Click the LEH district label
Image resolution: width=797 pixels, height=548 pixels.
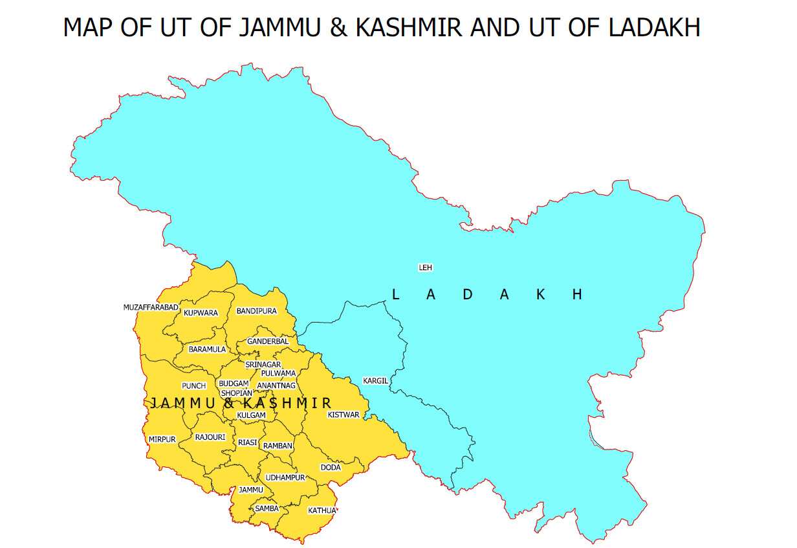tap(425, 268)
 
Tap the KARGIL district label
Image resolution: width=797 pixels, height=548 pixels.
tap(375, 381)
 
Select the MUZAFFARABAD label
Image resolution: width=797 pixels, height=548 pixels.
tap(150, 307)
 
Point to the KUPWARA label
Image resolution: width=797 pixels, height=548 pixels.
tap(201, 313)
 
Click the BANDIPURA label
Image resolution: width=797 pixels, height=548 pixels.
tap(256, 311)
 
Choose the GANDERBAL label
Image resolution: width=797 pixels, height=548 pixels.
tap(268, 341)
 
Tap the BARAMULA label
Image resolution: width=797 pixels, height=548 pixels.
tap(207, 349)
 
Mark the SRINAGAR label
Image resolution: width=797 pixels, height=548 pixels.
tap(263, 365)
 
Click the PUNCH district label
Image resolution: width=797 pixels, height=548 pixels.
tap(194, 386)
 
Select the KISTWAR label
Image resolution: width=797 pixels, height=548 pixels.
tap(343, 415)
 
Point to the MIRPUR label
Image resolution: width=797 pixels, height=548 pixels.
tap(162, 439)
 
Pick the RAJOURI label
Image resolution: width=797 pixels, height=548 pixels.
tap(210, 437)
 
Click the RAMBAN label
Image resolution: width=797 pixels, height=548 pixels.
tap(278, 446)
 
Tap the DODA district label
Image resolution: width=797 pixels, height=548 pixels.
tap(330, 467)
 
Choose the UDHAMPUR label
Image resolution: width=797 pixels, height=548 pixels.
tap(285, 477)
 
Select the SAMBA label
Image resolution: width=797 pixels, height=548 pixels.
tap(267, 508)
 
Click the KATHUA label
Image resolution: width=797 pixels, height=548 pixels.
tap(322, 510)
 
